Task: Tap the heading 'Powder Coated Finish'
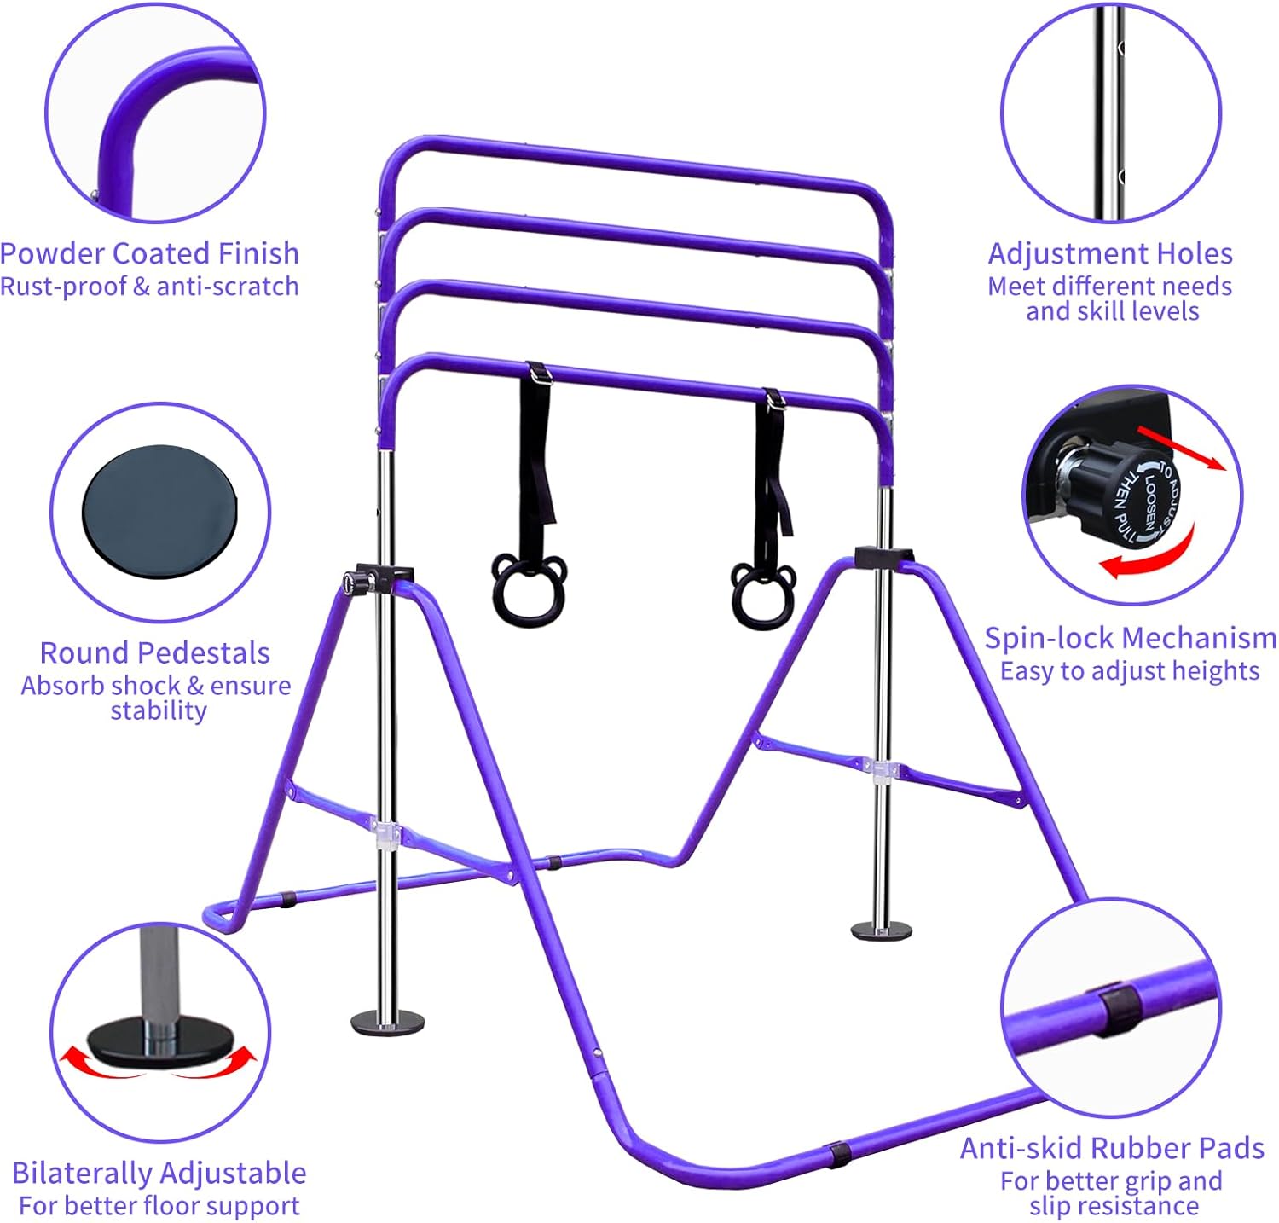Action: pyautogui.click(x=149, y=253)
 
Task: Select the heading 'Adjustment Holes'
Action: pyautogui.click(x=1110, y=253)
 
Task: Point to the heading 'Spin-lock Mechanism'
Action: pyautogui.click(x=1131, y=638)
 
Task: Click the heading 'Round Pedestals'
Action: pyautogui.click(x=155, y=652)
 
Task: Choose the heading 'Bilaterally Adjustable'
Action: pyautogui.click(x=159, y=1173)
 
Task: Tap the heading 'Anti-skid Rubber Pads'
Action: pyautogui.click(x=1112, y=1148)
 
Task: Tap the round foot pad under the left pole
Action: pyautogui.click(x=388, y=1021)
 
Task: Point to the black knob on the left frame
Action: pyautogui.click(x=350, y=583)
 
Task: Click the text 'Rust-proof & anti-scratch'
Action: pyautogui.click(x=149, y=287)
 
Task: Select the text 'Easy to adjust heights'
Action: pyautogui.click(x=1130, y=672)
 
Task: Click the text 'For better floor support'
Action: pyautogui.click(x=159, y=1206)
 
